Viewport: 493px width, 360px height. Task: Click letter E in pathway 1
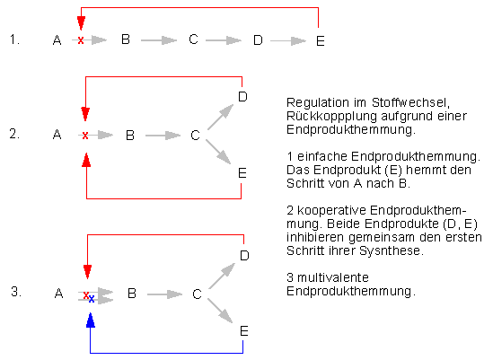pyautogui.click(x=321, y=41)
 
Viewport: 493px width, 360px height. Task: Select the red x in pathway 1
pyautogui.click(x=81, y=40)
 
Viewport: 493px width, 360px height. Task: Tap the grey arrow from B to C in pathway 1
pyautogui.click(x=159, y=40)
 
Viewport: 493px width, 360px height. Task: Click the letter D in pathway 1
pyautogui.click(x=258, y=40)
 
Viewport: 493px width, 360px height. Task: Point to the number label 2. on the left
pyautogui.click(x=14, y=135)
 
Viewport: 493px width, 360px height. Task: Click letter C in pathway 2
pyautogui.click(x=195, y=136)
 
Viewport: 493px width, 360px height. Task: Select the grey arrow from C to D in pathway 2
pyautogui.click(x=221, y=117)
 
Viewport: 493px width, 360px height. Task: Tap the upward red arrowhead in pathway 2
pyautogui.click(x=86, y=160)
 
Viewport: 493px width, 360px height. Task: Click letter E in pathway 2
pyautogui.click(x=242, y=173)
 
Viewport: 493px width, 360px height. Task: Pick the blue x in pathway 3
pyautogui.click(x=92, y=299)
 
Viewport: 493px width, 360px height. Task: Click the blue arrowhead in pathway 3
pyautogui.click(x=91, y=320)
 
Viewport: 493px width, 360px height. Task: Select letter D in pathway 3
pyautogui.click(x=244, y=256)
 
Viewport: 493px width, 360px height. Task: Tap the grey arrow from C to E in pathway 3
pyautogui.click(x=220, y=311)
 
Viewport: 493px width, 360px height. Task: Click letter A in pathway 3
pyautogui.click(x=58, y=294)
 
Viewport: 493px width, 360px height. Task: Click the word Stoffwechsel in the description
pyautogui.click(x=410, y=103)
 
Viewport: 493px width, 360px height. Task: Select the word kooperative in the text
pyautogui.click(x=331, y=211)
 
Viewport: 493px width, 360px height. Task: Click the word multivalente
pyautogui.click(x=333, y=277)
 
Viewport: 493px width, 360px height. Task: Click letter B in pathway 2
pyautogui.click(x=130, y=136)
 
